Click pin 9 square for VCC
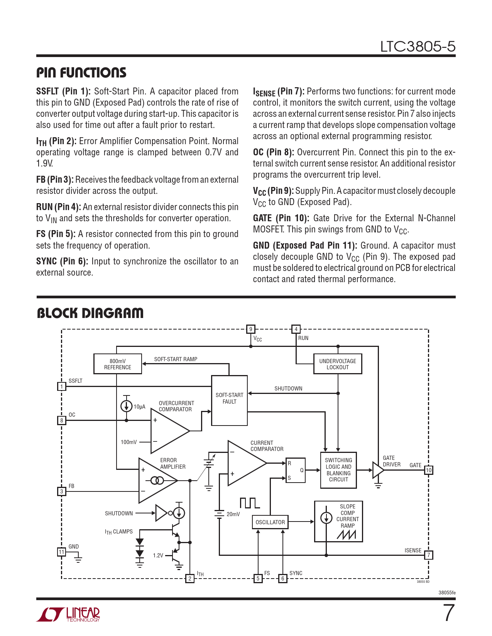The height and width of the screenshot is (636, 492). click(x=250, y=329)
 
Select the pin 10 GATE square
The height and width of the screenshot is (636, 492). click(x=428, y=470)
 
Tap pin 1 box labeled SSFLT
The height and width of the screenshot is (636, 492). click(x=61, y=386)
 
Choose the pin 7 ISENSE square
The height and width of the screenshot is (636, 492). click(x=428, y=555)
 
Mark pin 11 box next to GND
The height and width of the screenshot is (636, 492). click(x=61, y=552)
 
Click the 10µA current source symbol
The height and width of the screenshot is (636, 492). click(x=126, y=406)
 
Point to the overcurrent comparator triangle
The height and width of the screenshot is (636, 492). click(x=170, y=431)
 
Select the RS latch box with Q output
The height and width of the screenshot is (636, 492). click(x=295, y=470)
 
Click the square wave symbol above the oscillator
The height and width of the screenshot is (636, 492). click(x=250, y=503)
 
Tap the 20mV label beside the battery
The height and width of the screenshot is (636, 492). click(x=233, y=514)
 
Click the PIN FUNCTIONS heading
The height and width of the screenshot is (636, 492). click(x=81, y=72)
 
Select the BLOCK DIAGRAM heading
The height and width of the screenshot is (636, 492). click(x=90, y=313)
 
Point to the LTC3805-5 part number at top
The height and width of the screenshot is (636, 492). click(x=418, y=47)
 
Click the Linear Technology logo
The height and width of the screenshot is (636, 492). click(x=68, y=614)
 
